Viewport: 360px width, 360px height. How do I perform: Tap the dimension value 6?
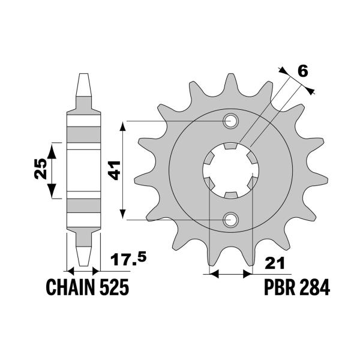[302, 71]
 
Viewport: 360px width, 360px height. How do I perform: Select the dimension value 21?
[275, 264]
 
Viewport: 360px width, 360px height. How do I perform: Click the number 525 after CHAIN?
[114, 288]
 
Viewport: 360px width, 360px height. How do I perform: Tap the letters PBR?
[281, 288]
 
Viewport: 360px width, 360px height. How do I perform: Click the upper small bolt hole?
[230, 122]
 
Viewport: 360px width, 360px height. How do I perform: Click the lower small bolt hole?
[230, 220]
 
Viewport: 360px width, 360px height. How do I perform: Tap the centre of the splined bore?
[230, 171]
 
